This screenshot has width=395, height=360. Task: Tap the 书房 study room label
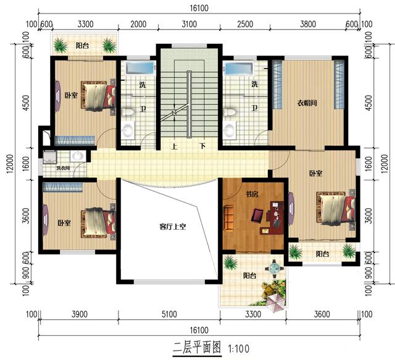(x=251, y=195)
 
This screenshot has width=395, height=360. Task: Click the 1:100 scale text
(x=238, y=348)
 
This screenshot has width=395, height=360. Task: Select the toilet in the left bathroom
(x=128, y=114)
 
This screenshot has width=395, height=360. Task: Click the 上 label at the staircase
(x=175, y=147)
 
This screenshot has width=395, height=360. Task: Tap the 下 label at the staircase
(x=202, y=147)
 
